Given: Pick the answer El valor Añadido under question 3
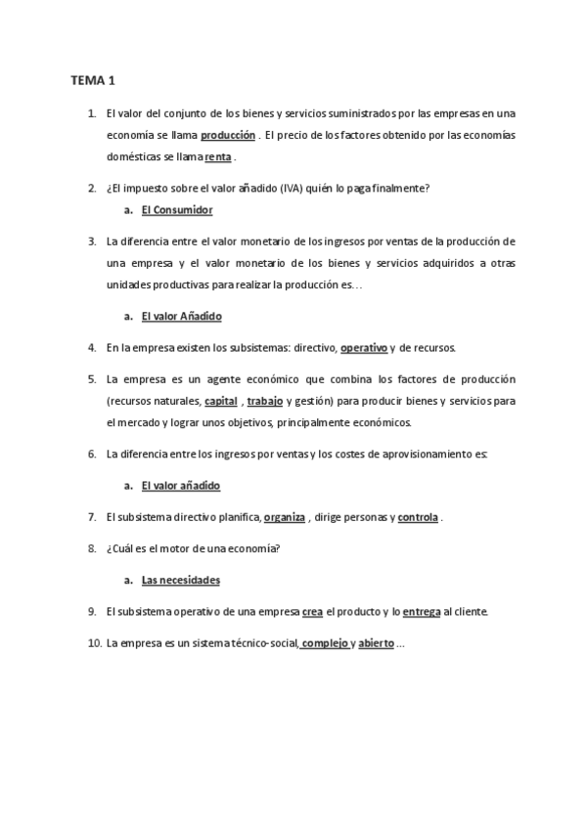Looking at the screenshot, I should tap(181, 317).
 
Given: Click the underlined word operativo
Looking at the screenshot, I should tap(364, 347).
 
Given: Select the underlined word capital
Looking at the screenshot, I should tap(221, 401).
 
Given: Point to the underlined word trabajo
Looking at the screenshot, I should tap(265, 401).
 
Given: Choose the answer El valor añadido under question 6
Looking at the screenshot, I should tap(180, 485).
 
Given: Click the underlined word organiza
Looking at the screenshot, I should tap(285, 516).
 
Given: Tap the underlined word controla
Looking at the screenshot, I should tap(418, 516).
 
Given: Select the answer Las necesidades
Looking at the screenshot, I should tap(180, 580).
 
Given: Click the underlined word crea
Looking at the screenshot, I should tap(312, 612).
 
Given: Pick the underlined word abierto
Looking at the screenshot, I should tap(376, 643).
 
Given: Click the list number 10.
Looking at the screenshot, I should tap(94, 643).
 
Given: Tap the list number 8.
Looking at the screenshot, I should tap(91, 548).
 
